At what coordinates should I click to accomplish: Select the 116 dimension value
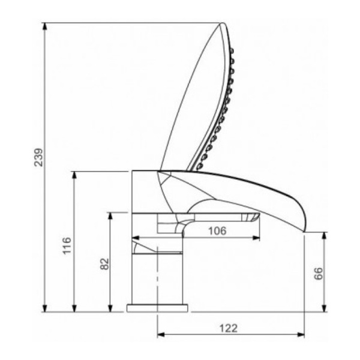(67, 245)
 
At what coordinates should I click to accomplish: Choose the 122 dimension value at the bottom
(229, 328)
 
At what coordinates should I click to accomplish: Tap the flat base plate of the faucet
(157, 308)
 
